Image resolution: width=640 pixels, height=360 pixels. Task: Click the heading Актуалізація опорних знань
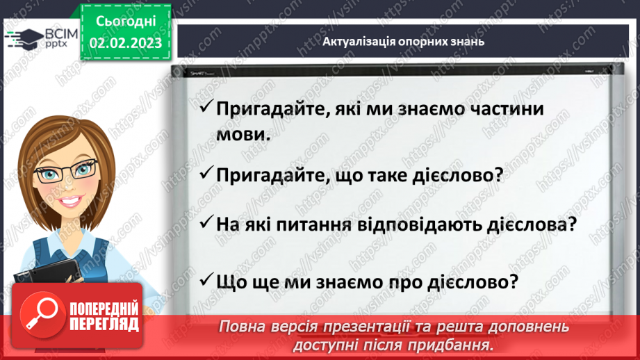tap(403, 41)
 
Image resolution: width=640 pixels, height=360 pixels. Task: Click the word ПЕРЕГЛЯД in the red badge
tap(104, 324)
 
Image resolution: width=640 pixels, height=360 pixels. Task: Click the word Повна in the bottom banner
tap(242, 325)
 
